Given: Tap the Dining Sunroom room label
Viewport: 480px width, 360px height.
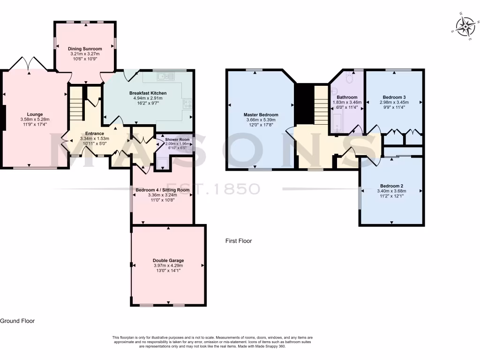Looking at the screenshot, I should pos(85,49).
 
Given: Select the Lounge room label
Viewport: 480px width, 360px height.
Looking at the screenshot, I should pos(35,114).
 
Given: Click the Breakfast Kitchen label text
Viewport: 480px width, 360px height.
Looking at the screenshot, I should pos(148,93).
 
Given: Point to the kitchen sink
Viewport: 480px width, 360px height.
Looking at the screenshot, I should pos(166,77).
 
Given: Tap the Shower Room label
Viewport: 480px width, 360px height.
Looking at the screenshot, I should pos(177,140).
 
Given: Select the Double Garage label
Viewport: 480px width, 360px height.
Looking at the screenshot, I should pos(168,260).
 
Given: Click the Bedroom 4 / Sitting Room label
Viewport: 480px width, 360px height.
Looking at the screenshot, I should pos(162,190).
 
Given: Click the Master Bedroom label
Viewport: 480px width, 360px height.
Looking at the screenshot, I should pos(261,115).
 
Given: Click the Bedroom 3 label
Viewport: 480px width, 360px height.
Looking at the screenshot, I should pos(394,97).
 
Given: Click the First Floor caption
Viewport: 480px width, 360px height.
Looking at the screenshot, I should pos(239,241).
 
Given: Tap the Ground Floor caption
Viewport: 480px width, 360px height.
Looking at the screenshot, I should pos(17,321).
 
